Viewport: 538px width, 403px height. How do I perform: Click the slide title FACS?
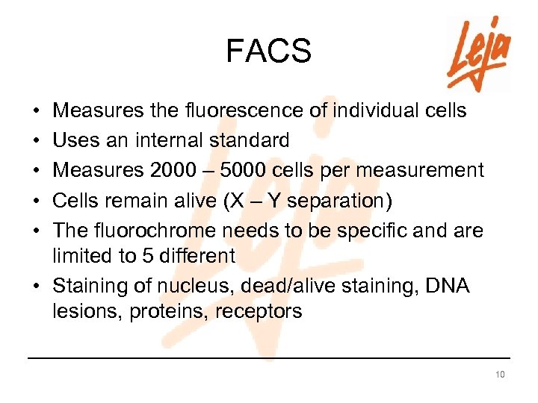tap(268, 51)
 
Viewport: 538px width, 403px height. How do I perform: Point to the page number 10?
tap(499, 374)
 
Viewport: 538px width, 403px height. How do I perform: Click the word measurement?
tap(426, 169)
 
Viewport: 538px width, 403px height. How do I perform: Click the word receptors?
tap(259, 311)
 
